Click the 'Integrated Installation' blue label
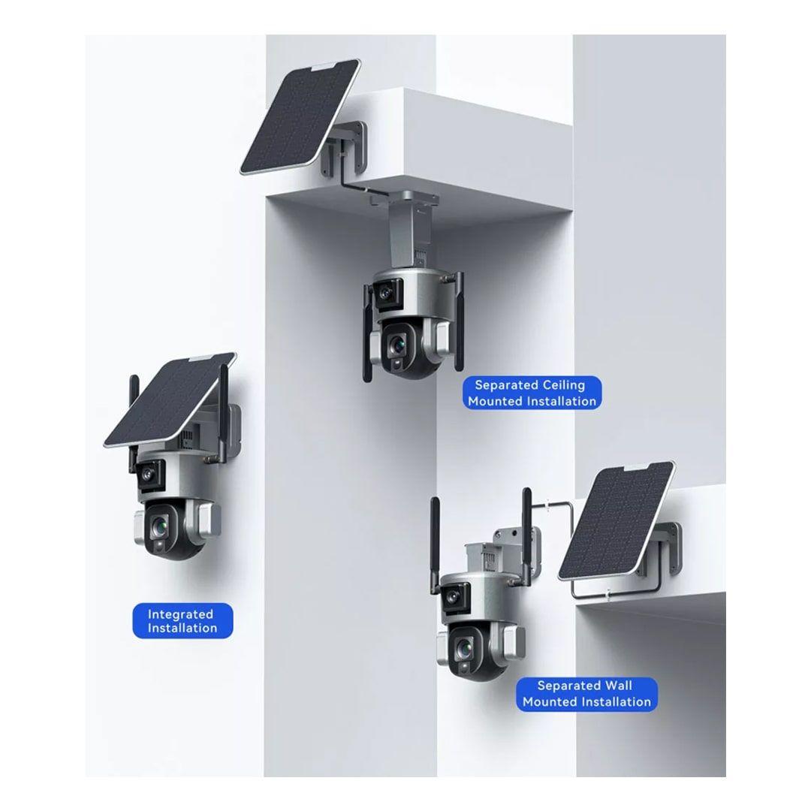[x=182, y=621]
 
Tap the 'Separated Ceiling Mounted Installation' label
[x=532, y=393]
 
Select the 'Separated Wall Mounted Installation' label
[x=586, y=694]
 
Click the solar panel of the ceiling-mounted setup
[x=300, y=117]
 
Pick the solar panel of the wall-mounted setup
[x=617, y=521]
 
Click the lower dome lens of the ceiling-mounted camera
[x=397, y=344]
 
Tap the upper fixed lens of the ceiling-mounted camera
[x=385, y=293]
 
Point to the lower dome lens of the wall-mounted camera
[x=464, y=647]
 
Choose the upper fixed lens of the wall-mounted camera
[x=453, y=596]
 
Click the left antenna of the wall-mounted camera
[x=436, y=549]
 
